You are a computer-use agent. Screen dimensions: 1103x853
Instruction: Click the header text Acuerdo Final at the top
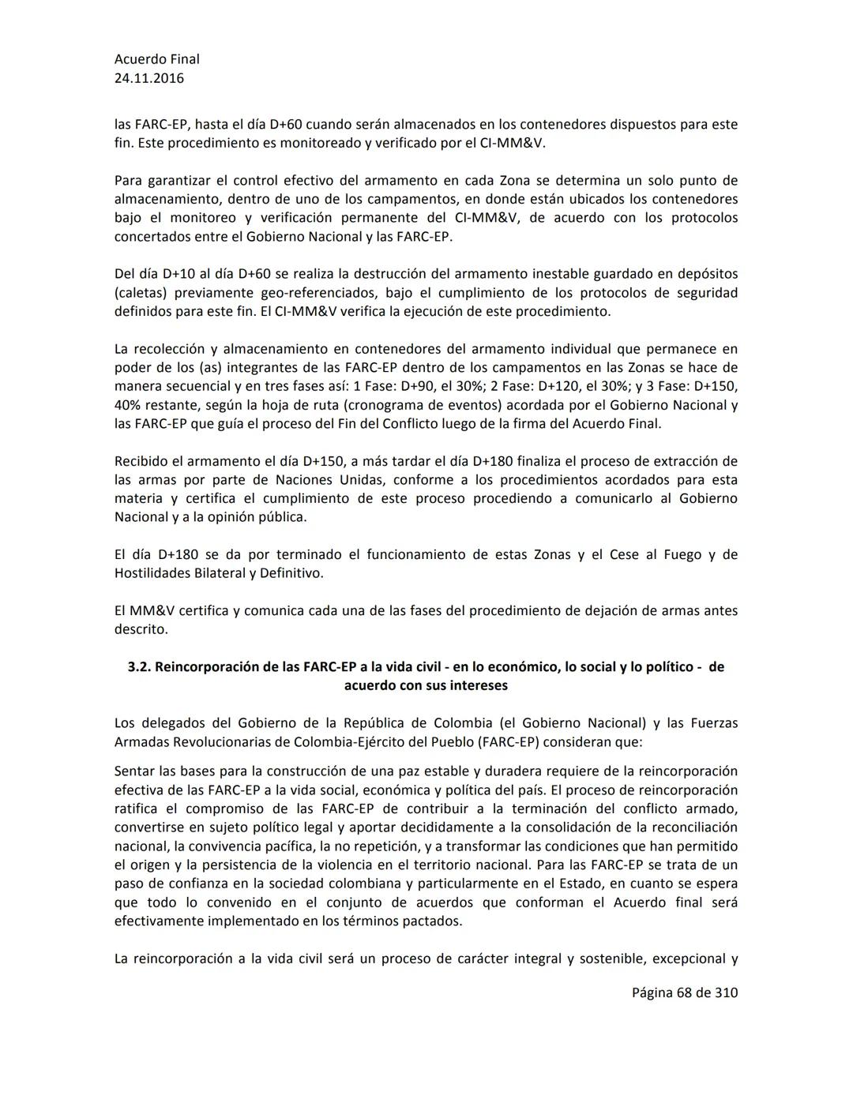click(156, 59)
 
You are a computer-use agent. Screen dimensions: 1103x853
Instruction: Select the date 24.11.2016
click(149, 78)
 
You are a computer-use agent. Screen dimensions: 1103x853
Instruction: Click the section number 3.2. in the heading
click(139, 667)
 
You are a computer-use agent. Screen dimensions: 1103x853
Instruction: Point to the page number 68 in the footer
click(684, 992)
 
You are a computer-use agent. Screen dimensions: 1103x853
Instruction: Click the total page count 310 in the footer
click(726, 992)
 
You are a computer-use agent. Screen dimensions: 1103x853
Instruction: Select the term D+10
click(179, 274)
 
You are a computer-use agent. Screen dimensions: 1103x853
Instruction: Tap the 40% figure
click(127, 405)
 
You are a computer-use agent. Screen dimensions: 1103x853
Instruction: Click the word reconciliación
click(690, 827)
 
